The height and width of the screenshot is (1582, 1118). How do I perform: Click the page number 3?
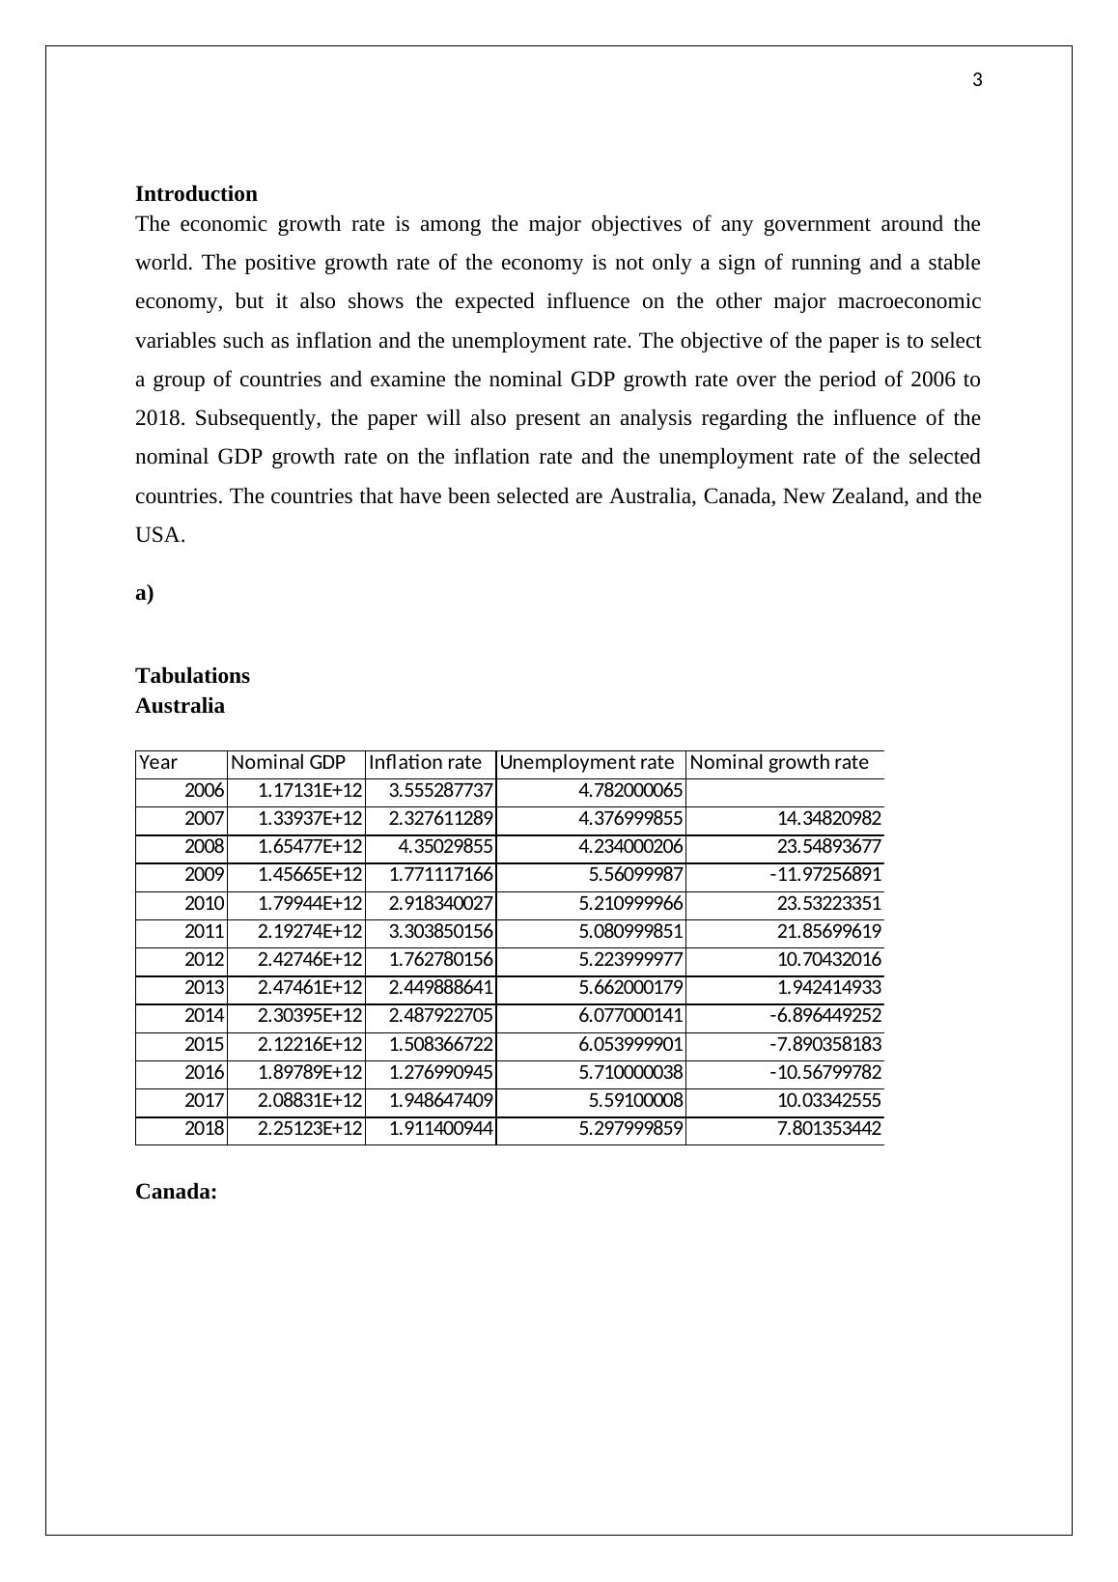tap(977, 80)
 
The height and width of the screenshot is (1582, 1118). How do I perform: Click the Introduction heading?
tap(196, 193)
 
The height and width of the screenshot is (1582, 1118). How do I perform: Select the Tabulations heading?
tap(192, 675)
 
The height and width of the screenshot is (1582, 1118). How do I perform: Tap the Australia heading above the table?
tap(180, 705)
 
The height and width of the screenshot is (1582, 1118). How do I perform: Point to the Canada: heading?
tap(176, 1191)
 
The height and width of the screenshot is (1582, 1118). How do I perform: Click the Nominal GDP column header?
tap(288, 762)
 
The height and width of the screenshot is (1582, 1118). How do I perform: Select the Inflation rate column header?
tap(425, 762)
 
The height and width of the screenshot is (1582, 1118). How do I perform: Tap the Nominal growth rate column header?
tap(779, 762)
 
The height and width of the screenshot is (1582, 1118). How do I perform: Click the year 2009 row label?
tap(204, 875)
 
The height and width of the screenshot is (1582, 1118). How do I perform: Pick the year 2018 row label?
tap(204, 1129)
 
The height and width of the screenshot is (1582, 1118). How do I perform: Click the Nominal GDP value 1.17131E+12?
tap(310, 791)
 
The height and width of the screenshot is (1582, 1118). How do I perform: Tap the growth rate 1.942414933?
tap(829, 988)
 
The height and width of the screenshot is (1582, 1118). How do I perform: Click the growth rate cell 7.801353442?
tap(829, 1129)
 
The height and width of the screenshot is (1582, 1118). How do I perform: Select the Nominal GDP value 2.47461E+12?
tap(310, 988)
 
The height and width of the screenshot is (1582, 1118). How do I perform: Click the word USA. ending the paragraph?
tap(159, 534)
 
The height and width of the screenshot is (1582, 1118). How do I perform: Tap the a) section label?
tap(144, 593)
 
